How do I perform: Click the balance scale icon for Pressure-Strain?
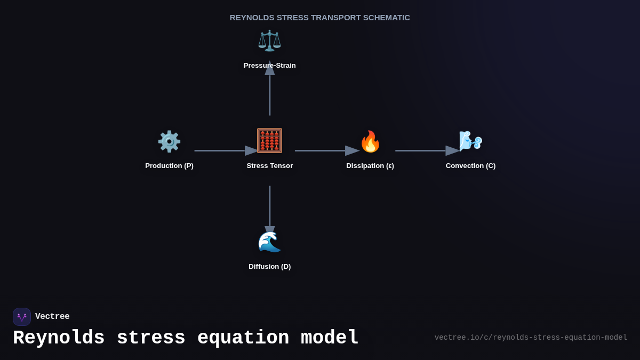(269, 41)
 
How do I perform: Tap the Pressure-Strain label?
(269, 66)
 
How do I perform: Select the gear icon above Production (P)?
(169, 141)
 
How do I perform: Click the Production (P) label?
(169, 166)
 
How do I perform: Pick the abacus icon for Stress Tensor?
(269, 141)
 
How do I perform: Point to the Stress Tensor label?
(269, 166)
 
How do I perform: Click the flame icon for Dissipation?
(370, 141)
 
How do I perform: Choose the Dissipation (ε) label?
(370, 166)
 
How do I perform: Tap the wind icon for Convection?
(470, 141)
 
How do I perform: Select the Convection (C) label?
(470, 166)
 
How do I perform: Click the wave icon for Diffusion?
(269, 242)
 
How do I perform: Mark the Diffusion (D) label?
(269, 267)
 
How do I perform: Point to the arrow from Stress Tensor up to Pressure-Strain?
(270, 93)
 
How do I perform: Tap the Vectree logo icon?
(22, 317)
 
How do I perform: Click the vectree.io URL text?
(531, 338)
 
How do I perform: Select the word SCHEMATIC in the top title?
(387, 18)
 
